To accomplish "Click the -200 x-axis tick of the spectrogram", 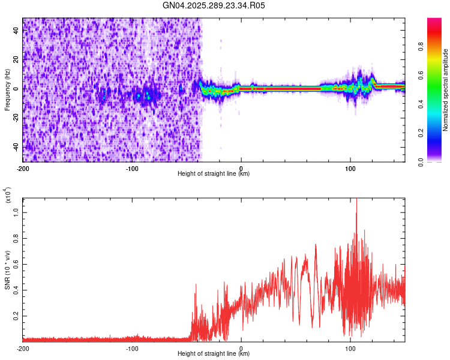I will tap(23, 167).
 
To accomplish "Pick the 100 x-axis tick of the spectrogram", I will tap(350, 167).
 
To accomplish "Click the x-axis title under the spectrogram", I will tap(214, 174).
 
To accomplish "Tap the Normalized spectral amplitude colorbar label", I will tap(446, 90).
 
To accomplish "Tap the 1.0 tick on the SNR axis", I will tap(16, 212).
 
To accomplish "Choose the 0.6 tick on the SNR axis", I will tap(16, 263).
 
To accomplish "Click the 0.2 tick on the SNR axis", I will tap(16, 315).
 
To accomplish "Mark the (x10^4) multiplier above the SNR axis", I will tap(8, 196).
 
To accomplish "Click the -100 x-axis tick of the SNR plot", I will tap(132, 348).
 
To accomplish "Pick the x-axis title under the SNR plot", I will tap(214, 354).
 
